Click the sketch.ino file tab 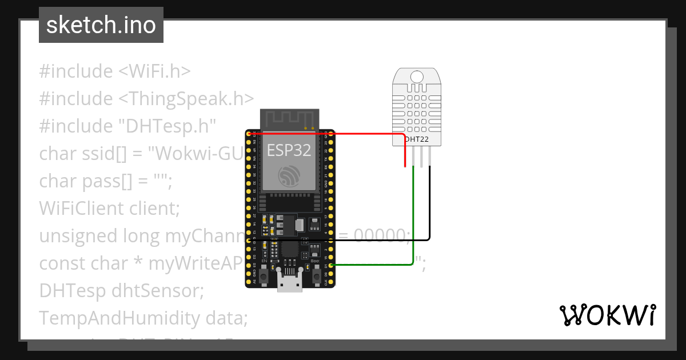[x=101, y=25]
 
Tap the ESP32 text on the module [x=289, y=150]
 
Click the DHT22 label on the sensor [x=417, y=139]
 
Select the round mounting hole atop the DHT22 [x=417, y=76]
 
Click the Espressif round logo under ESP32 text [x=289, y=175]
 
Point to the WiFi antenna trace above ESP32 [x=289, y=119]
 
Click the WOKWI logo [x=607, y=315]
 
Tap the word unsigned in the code [x=77, y=236]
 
